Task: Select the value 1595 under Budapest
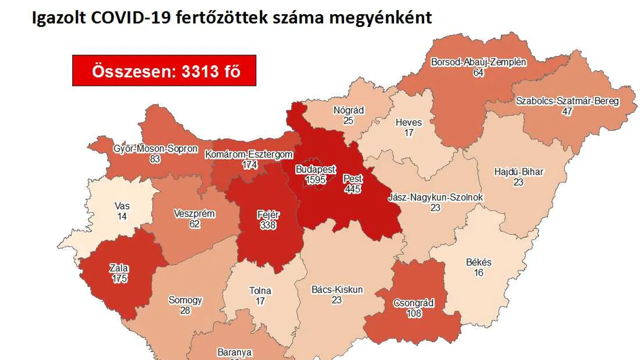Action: pyautogui.click(x=315, y=179)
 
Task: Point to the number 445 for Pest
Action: pyautogui.click(x=353, y=189)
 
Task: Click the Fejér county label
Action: pyautogui.click(x=268, y=215)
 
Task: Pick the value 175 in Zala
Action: pyautogui.click(x=120, y=278)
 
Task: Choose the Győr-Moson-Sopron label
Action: pyautogui.click(x=155, y=149)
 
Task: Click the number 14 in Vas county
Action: pyautogui.click(x=122, y=216)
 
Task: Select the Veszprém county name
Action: pyautogui.click(x=194, y=214)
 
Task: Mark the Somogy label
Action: pyautogui.click(x=185, y=300)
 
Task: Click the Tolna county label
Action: pyautogui.click(x=260, y=291)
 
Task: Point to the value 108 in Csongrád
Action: pyautogui.click(x=414, y=313)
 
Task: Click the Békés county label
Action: pyautogui.click(x=478, y=262)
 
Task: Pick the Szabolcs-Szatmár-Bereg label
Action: pyautogui.click(x=567, y=101)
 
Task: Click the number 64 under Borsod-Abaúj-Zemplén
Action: pyautogui.click(x=478, y=73)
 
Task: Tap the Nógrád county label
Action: pyautogui.click(x=348, y=110)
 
